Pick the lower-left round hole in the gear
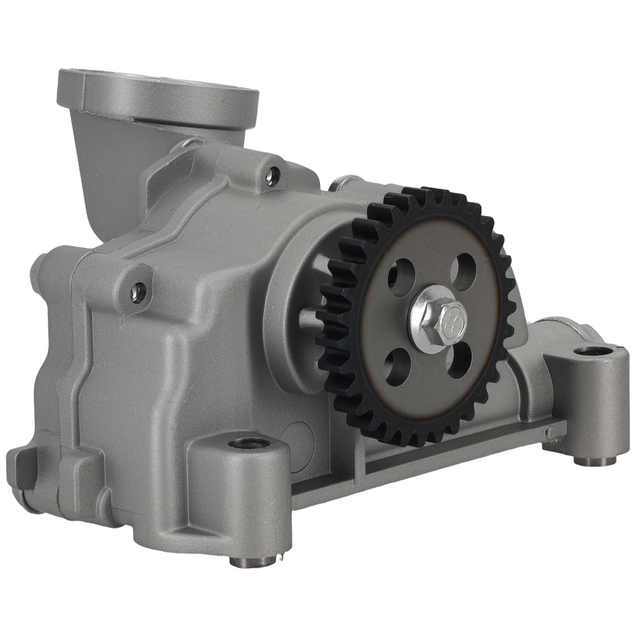point(396,368)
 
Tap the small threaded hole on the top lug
point(272,176)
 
